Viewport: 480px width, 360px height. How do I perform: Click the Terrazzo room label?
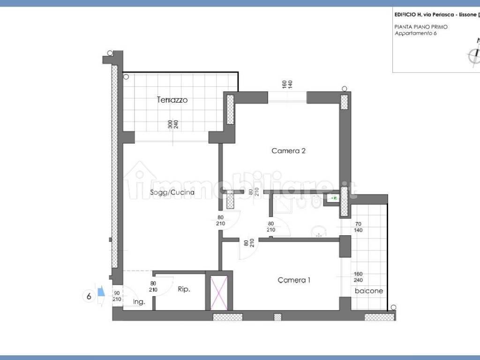coord(172,100)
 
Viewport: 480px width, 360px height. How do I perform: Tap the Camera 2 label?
coord(289,151)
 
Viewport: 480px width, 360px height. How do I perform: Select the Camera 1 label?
coord(294,280)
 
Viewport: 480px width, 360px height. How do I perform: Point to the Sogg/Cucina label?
coord(172,192)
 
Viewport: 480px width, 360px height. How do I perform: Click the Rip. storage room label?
coord(184,290)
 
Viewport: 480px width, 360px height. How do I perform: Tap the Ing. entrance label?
coord(139,302)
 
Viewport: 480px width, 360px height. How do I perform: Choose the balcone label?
coord(369,291)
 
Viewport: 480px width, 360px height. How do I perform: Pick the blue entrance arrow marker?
coord(100,293)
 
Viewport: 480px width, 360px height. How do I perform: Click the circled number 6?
coord(88,296)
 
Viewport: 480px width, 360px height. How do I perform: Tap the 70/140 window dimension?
coord(359,227)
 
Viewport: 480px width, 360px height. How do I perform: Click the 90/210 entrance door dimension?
coord(117,296)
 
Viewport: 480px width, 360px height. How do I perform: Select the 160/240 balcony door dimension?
coord(359,277)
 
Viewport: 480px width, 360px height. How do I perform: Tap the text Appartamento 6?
coord(416,33)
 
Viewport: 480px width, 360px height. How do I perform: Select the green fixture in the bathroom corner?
coord(334,199)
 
